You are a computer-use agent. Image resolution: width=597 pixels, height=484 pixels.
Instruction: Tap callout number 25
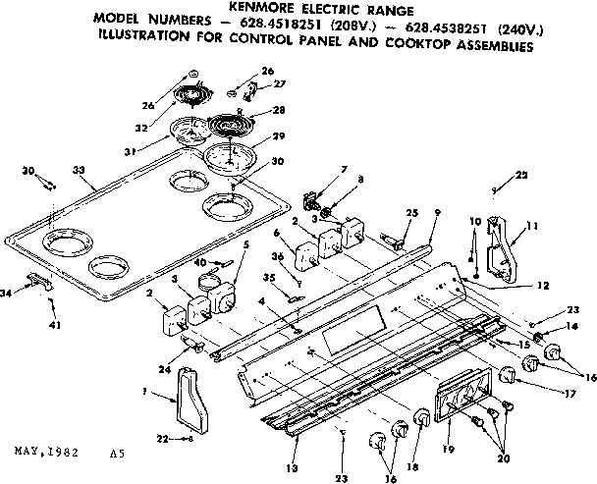click(x=412, y=213)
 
